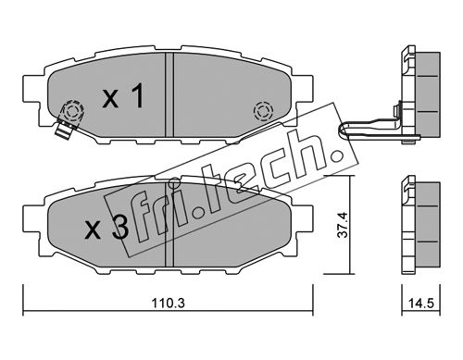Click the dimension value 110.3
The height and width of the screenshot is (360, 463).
coord(168,304)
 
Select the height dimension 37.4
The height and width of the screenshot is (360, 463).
coord(343,225)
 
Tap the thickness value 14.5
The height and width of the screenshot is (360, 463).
coord(421,304)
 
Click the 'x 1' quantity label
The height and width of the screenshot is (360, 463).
coord(123,95)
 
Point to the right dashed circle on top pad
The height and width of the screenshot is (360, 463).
coord(263,111)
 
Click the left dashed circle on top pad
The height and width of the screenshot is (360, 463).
coord(73,110)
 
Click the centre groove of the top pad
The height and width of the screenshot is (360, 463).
coord(169,94)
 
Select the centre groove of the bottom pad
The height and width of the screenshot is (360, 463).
coord(169,224)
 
